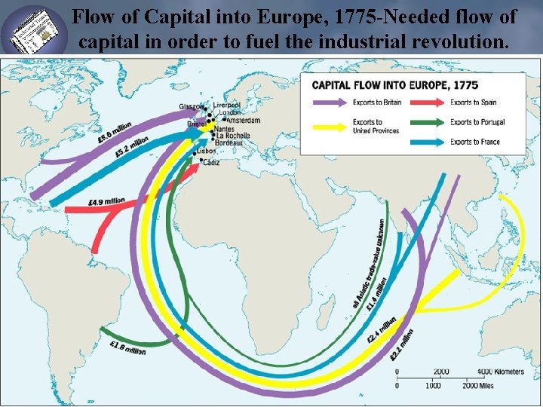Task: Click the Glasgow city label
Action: point(192,106)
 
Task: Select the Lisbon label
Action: point(207,151)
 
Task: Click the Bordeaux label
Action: point(229,142)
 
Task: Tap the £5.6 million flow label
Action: point(114,133)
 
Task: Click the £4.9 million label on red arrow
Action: point(106,202)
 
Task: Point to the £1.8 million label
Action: point(127,349)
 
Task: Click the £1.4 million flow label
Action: point(376,294)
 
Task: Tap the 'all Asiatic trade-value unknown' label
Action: point(367,264)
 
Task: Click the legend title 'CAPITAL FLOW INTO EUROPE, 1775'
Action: point(394,84)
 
